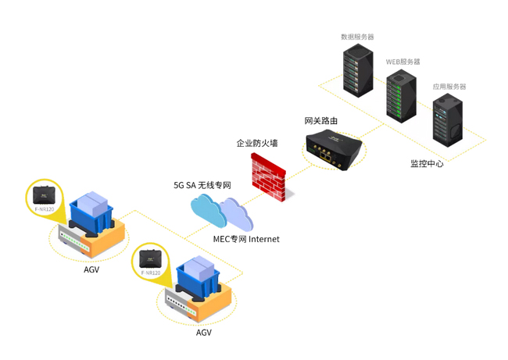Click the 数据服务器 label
point(357,37)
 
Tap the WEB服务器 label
point(402,61)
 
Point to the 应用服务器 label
point(449,87)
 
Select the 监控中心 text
point(427,164)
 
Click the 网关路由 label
point(321,121)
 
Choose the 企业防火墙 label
point(257,144)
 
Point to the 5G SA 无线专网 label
point(202,185)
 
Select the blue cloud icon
point(207,209)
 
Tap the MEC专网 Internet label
point(246,239)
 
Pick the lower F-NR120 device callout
point(150,261)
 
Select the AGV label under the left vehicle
point(91,270)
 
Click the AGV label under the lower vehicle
point(203,333)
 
